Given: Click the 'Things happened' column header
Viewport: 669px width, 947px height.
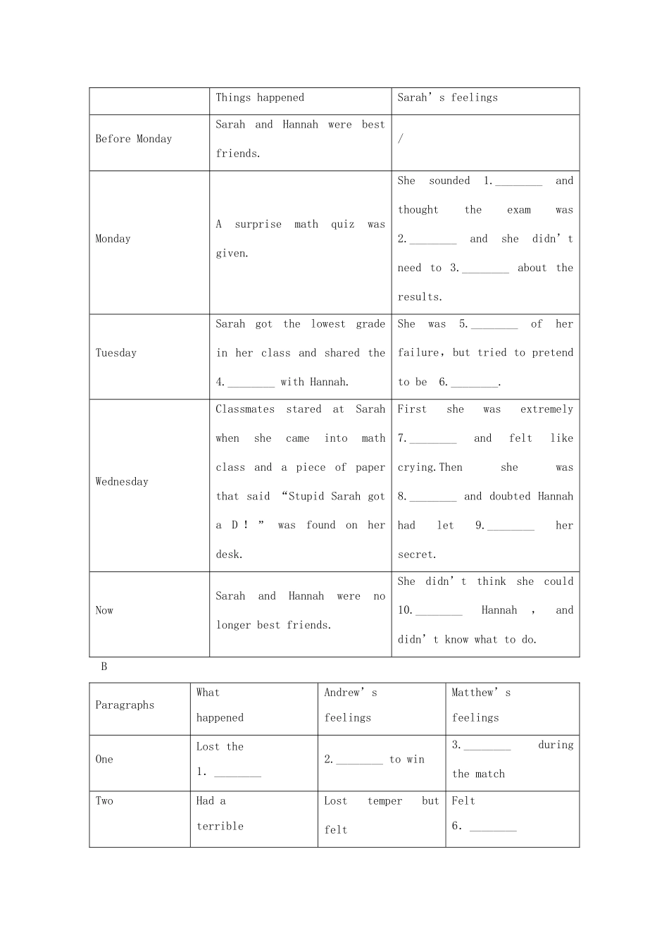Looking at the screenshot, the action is (260, 98).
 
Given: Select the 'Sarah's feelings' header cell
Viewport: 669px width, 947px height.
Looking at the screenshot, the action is (447, 98).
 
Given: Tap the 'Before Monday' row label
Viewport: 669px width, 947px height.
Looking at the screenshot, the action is (134, 140).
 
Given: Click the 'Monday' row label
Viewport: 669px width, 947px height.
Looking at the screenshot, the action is (113, 239).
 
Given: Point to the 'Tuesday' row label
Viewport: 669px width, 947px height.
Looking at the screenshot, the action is (116, 353).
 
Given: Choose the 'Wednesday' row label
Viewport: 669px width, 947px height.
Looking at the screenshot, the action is (122, 482).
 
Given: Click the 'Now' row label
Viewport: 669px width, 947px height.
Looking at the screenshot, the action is (104, 610).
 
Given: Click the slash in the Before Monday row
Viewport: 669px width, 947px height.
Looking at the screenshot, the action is (401, 140).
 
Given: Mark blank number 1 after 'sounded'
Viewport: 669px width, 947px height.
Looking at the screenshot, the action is (519, 182).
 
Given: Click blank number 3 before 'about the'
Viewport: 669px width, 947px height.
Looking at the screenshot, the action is (485, 268).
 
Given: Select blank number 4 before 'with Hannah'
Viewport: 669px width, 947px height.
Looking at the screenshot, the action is (251, 383).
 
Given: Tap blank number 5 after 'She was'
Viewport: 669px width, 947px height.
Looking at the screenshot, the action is (494, 325).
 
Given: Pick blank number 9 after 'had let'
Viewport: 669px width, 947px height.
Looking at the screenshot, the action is (511, 526).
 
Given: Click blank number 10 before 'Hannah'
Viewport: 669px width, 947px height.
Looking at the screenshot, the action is (439, 611).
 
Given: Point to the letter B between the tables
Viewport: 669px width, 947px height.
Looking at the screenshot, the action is (104, 667).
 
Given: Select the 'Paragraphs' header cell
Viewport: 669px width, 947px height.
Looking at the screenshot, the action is (125, 705).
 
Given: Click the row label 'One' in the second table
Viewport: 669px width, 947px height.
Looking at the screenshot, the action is (104, 760).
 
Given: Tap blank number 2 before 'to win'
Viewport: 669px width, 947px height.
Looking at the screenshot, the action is (359, 760).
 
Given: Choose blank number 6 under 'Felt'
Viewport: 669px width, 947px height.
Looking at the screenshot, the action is (493, 827).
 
